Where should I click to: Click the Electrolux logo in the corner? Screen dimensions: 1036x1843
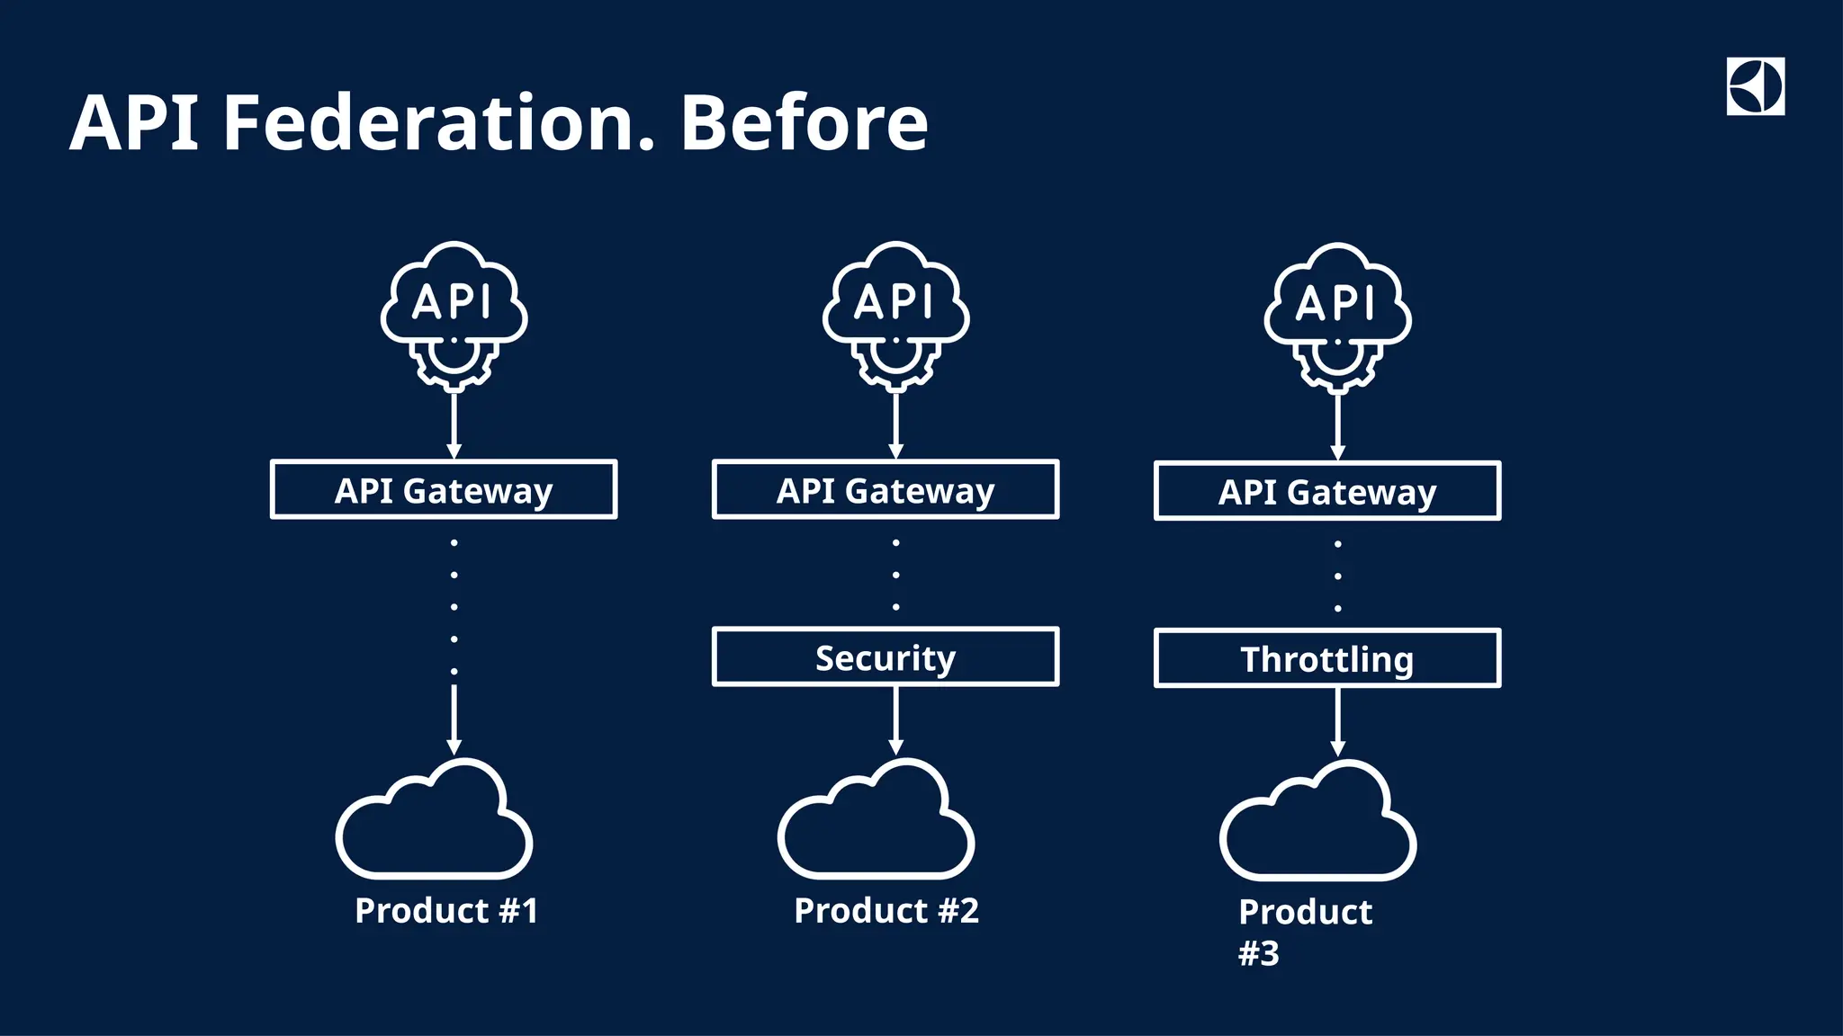pos(1755,86)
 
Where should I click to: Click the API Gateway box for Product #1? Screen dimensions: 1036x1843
pos(444,490)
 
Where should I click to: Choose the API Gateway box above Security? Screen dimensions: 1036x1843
pos(886,490)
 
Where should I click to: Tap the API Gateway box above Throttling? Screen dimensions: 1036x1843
pos(1327,491)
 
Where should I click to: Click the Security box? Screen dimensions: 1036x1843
pos(886,657)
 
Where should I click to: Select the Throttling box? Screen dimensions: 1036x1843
pos(1327,659)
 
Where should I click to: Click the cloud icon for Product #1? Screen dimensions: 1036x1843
pos(435,823)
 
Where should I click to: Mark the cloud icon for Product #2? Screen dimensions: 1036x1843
pos(877,823)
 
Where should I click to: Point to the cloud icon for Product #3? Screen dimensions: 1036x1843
pos(1318,824)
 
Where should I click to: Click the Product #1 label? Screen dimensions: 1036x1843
pos(446,911)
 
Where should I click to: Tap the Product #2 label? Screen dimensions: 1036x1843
pos(886,911)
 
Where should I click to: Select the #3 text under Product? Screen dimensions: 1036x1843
pos(1259,953)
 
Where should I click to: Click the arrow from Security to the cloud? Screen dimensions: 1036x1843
pos(895,720)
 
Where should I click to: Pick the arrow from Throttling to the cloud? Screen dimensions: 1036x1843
pos(1337,722)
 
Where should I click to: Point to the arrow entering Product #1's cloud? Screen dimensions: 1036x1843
pos(454,719)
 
